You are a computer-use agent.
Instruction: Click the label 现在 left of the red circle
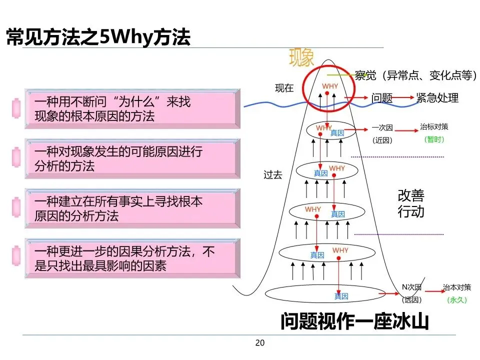click(284, 88)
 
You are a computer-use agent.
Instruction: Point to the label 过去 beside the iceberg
click(273, 175)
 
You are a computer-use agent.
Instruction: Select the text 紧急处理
click(437, 98)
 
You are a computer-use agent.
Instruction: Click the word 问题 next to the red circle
click(382, 98)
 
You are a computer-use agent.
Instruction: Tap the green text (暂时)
click(434, 140)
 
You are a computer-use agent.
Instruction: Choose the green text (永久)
click(456, 300)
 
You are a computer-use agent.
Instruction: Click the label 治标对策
click(434, 127)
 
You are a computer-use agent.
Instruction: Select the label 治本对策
click(456, 287)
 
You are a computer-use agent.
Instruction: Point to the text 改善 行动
click(411, 203)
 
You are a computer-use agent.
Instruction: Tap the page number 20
click(259, 343)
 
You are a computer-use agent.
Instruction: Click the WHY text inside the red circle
click(330, 86)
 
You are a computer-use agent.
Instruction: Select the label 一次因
click(382, 127)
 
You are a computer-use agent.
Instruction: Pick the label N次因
click(411, 287)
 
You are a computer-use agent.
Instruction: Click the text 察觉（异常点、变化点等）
click(414, 75)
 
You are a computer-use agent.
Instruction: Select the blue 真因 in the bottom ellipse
click(341, 296)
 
